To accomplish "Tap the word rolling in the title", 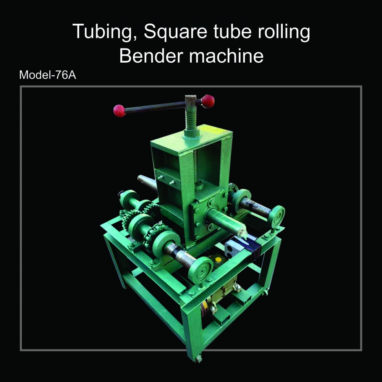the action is pos(284,32).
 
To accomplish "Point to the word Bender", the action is pos(151,56).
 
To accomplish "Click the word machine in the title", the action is pos(226,56).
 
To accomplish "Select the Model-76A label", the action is pos(47,75).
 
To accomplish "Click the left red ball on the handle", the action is pos(119,111).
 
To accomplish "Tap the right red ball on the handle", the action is pos(208,101).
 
